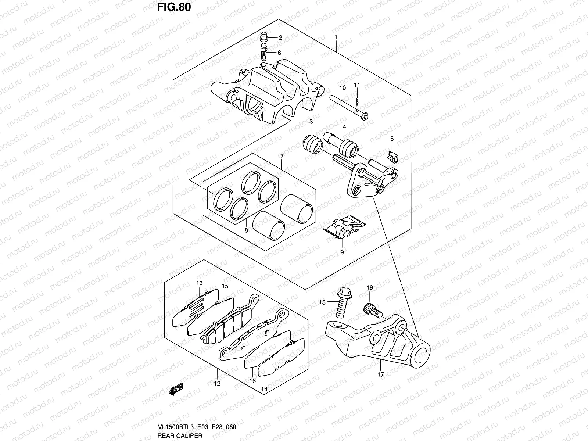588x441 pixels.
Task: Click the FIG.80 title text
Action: point(174,7)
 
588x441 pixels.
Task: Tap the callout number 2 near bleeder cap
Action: point(280,37)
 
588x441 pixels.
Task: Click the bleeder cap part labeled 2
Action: point(263,37)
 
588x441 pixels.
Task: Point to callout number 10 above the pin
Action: point(343,88)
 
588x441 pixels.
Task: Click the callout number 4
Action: point(344,127)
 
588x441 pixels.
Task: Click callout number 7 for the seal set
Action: point(282,157)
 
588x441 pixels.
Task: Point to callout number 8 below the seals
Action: point(246,230)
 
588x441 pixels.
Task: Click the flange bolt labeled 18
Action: point(343,304)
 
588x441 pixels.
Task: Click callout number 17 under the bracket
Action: point(380,374)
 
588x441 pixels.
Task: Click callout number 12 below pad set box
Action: point(217,383)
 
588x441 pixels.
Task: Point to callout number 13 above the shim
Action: point(199,283)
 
